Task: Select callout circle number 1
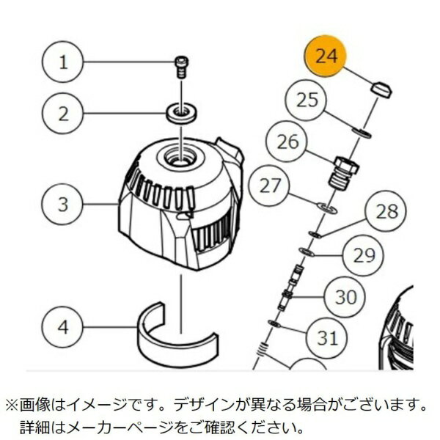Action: click(63, 62)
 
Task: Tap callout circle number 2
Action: click(63, 114)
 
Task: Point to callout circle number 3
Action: click(63, 204)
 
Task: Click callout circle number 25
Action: click(307, 101)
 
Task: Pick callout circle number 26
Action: click(287, 142)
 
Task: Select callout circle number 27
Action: click(271, 186)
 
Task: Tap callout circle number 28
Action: click(386, 212)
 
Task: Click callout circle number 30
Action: click(345, 297)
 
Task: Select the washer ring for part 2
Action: click(178, 113)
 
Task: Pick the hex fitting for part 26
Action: click(344, 167)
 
